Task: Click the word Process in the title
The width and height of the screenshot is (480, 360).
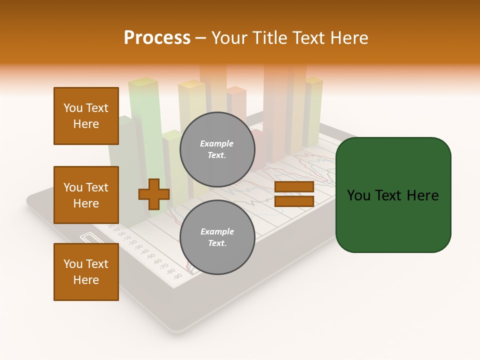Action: tap(157, 38)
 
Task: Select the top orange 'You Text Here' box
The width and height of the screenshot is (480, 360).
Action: tap(86, 116)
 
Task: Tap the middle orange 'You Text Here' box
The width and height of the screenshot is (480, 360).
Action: tap(86, 195)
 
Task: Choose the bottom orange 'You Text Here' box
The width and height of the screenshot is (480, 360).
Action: tap(86, 272)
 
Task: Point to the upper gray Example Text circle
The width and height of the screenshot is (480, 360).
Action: tap(217, 149)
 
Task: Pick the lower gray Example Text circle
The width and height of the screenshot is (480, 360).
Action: tap(217, 237)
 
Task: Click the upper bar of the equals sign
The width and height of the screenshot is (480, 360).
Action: tap(294, 187)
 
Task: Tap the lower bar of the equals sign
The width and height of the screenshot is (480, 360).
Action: tap(294, 201)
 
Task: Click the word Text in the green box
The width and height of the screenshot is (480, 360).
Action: tap(394, 195)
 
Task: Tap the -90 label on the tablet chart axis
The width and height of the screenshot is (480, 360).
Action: tap(178, 276)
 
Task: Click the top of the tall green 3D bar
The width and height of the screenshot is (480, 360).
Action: tap(143, 81)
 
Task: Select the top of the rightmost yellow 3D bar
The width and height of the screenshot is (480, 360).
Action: tap(314, 80)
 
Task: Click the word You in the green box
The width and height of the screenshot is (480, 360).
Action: tap(358, 195)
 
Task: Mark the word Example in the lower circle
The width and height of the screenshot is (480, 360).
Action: tap(217, 231)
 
